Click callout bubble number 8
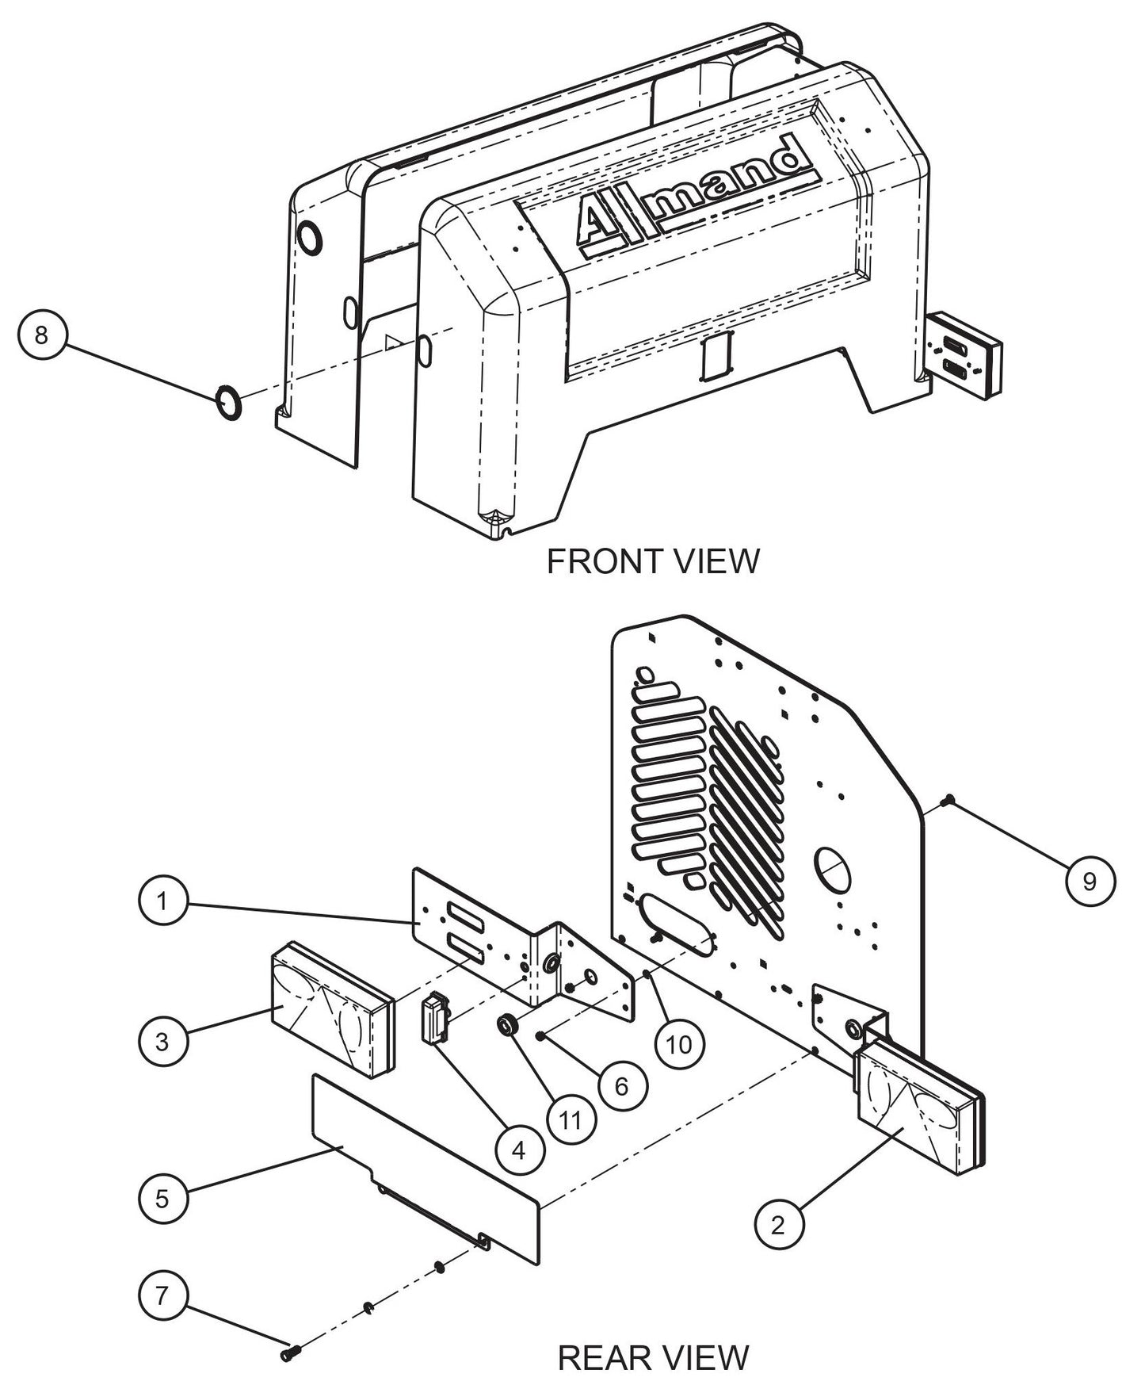[41, 335]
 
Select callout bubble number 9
[1089, 880]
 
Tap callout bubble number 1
[162, 901]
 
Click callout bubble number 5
[162, 1198]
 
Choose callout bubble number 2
[778, 1225]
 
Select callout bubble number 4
[519, 1150]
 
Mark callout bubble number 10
[679, 1044]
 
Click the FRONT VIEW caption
[653, 561]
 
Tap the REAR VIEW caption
[653, 1358]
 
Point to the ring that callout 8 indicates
[229, 403]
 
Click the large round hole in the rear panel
[832, 870]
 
